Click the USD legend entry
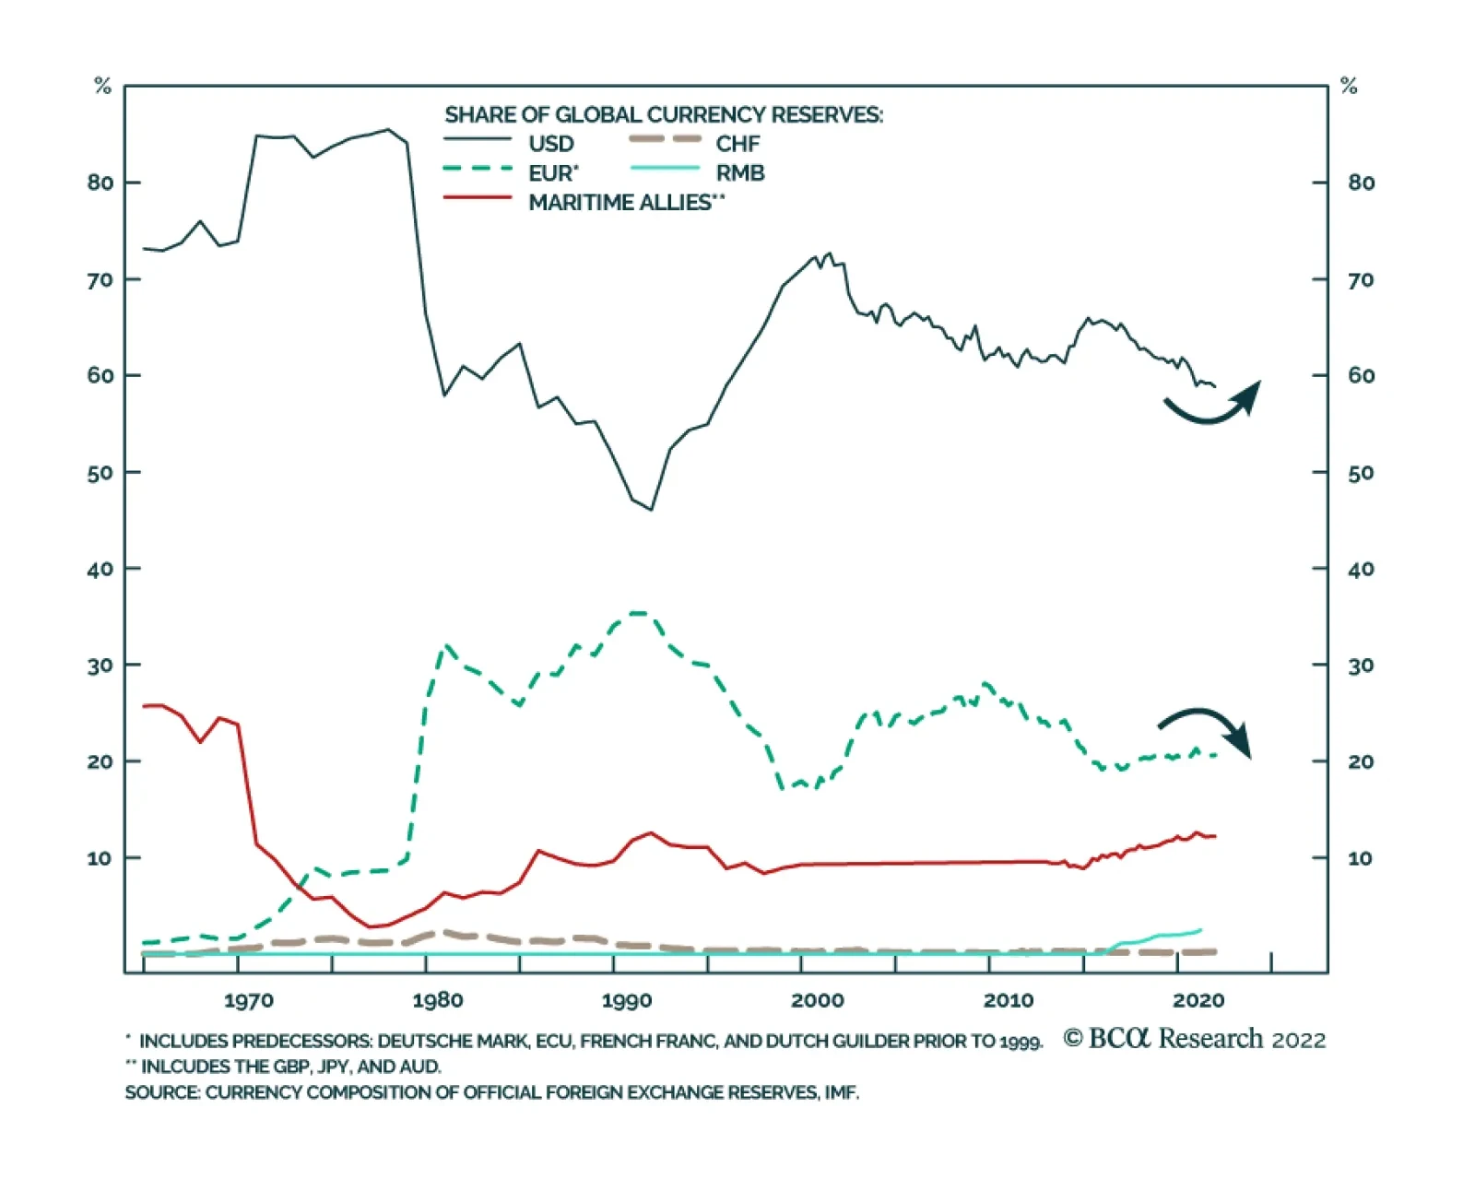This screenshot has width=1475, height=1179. tap(550, 144)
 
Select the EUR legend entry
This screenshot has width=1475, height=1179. tap(552, 173)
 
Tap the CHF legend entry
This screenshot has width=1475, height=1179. tap(737, 144)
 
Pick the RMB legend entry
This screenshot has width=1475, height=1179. tap(739, 173)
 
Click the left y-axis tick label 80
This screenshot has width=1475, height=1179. tap(100, 183)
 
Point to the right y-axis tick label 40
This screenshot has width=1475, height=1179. tap(1361, 570)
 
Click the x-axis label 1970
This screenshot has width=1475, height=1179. tap(248, 1001)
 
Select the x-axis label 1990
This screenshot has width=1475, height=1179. tap(627, 1001)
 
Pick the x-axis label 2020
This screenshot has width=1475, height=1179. tap(1198, 1001)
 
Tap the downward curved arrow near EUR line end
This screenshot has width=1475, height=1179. tap(1206, 729)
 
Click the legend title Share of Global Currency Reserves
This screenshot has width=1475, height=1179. tap(664, 115)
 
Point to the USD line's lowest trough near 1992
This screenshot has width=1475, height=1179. tap(651, 509)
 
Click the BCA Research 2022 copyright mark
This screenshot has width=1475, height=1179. tap(1194, 1039)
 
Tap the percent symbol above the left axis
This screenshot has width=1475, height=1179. tap(102, 87)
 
